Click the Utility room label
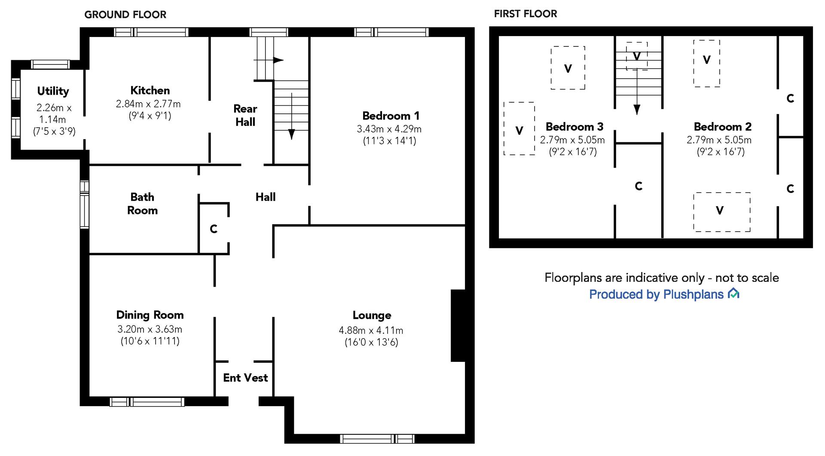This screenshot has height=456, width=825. [x=53, y=91]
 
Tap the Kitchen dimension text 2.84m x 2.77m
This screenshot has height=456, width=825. [x=148, y=104]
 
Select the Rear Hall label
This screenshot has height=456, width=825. [x=245, y=115]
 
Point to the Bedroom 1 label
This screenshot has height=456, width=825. [x=391, y=116]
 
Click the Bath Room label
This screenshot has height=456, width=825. [x=142, y=204]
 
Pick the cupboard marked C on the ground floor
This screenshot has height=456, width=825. [x=214, y=229]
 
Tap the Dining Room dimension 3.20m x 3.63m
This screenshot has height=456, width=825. [x=150, y=329]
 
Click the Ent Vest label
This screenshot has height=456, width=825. [x=245, y=378]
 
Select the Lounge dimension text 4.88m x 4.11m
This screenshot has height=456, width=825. [x=371, y=331]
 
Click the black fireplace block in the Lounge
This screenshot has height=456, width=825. [x=458, y=325]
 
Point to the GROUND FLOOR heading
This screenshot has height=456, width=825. [x=125, y=15]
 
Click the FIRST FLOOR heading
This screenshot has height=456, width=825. [x=526, y=14]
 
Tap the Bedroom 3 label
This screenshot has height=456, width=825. [x=574, y=127]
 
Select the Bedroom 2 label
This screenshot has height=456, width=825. [x=723, y=127]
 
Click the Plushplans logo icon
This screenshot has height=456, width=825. [x=733, y=294]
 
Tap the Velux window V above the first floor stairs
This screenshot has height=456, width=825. [x=637, y=56]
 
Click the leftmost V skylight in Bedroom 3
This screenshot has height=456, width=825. [x=519, y=129]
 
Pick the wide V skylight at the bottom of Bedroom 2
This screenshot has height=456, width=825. [x=722, y=212]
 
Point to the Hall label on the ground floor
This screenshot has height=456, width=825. [x=266, y=197]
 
